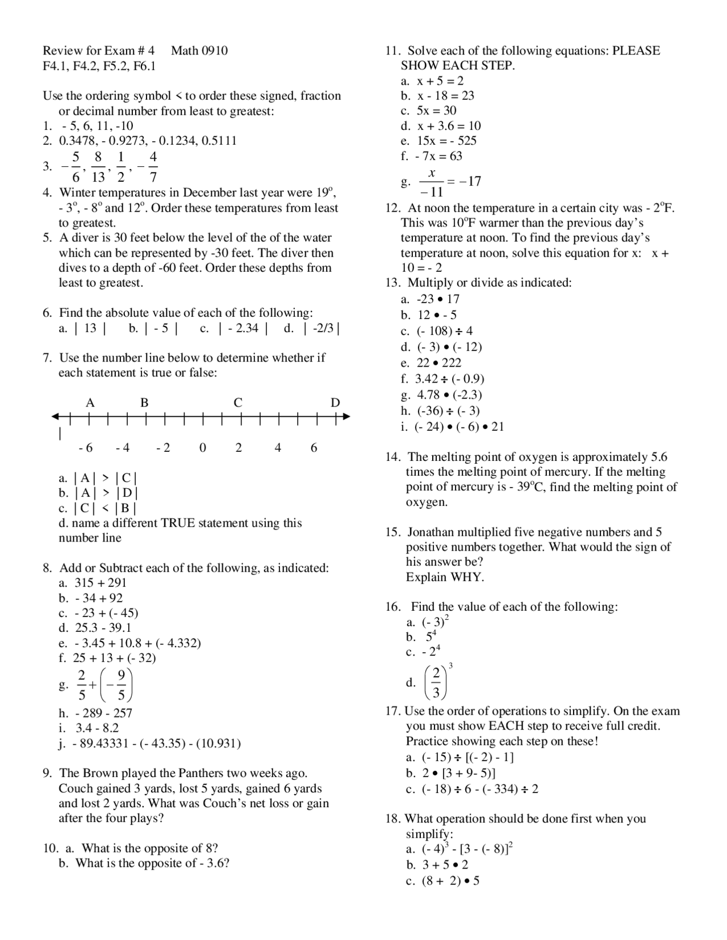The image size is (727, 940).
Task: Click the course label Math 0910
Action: (199, 51)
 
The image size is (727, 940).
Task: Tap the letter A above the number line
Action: (90, 402)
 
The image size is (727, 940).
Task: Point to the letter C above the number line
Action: (238, 402)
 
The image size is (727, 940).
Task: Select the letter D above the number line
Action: (335, 402)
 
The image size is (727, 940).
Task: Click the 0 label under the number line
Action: (203, 448)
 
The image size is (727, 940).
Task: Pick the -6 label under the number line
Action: (86, 448)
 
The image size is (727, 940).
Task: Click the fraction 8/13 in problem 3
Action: (98, 166)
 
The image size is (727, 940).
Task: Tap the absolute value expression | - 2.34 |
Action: (243, 328)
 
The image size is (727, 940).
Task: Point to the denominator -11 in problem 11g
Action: (432, 192)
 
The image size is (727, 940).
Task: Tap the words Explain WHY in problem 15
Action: (445, 577)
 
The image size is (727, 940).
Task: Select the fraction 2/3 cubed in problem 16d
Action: (437, 683)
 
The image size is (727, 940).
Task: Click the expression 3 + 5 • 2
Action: (445, 865)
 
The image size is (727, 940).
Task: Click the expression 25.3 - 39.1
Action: (103, 627)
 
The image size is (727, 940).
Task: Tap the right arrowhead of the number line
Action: (346, 417)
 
